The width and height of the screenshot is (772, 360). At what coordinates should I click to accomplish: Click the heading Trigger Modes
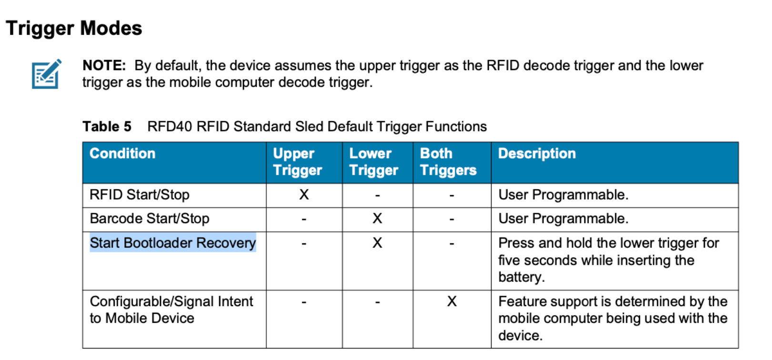coord(74,29)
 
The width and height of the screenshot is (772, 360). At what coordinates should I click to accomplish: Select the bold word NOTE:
coord(104,65)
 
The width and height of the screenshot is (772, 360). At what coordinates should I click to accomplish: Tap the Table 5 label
coord(107,127)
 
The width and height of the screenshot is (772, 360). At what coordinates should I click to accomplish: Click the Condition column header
coord(122,154)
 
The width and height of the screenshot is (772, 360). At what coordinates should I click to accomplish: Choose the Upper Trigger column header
coord(298,162)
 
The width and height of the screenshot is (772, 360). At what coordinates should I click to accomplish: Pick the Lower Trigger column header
coord(373,162)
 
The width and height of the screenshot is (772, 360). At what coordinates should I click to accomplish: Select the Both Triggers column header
coord(448,162)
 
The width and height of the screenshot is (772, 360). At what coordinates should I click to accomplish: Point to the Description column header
coord(537,154)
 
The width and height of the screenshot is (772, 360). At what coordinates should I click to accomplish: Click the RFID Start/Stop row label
coord(140,195)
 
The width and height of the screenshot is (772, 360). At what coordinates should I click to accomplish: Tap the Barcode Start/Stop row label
coord(150,219)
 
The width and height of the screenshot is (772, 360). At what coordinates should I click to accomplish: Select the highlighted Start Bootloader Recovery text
coord(173,243)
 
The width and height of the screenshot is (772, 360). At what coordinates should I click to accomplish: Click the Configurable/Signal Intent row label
coord(171,310)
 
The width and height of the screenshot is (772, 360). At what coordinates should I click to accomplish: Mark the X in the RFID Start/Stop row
coord(304,195)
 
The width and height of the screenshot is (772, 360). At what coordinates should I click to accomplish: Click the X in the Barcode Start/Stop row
coord(377,219)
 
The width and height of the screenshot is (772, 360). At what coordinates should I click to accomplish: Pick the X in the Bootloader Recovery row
coord(377,243)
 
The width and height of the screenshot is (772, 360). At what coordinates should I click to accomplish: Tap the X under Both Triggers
coord(452,301)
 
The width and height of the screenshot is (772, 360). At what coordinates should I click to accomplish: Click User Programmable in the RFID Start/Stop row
coord(563,195)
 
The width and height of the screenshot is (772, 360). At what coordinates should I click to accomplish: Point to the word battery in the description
coord(521,277)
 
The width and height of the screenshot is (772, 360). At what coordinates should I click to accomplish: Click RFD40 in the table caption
coord(170,127)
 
